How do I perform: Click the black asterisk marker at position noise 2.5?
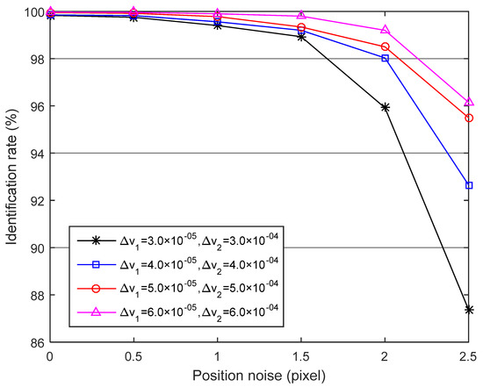click(x=469, y=309)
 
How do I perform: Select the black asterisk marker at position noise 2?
click(x=385, y=107)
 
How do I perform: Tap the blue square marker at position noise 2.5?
click(x=469, y=185)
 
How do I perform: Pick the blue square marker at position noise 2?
click(x=385, y=58)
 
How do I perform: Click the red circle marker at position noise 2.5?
click(x=469, y=118)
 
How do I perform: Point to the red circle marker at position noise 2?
click(x=385, y=47)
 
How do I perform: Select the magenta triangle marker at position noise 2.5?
click(x=469, y=102)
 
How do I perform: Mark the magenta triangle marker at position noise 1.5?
click(x=301, y=16)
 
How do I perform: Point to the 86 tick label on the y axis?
click(x=33, y=342)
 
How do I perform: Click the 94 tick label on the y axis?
click(x=33, y=154)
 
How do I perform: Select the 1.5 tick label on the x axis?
click(x=301, y=356)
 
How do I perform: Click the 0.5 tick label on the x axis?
click(x=133, y=356)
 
